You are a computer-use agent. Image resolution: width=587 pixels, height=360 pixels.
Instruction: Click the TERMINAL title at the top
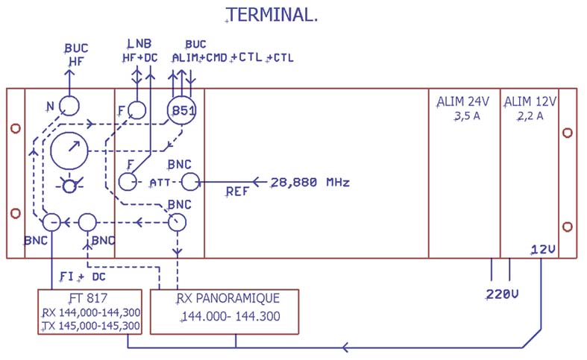(272, 15)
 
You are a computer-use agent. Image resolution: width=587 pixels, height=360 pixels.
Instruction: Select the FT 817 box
(90, 312)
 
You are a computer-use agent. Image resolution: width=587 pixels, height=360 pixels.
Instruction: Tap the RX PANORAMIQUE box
(225, 311)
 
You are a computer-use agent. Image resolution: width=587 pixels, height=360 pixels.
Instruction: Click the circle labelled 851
(181, 112)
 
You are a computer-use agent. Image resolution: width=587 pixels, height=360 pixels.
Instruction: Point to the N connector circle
(69, 105)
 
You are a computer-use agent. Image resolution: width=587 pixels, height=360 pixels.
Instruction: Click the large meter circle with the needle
(69, 151)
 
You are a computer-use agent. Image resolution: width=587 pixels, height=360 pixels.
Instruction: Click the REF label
(238, 192)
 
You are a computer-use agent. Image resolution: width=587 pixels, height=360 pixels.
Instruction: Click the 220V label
(502, 294)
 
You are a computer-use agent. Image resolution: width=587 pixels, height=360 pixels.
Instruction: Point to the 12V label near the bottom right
(542, 249)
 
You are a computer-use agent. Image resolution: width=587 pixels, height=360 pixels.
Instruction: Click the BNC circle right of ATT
(191, 181)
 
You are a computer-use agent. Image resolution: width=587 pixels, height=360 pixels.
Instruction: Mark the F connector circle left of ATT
(128, 181)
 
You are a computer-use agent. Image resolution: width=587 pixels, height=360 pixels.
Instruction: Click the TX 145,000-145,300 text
(90, 326)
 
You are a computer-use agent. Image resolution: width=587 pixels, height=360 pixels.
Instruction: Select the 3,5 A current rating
(463, 116)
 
